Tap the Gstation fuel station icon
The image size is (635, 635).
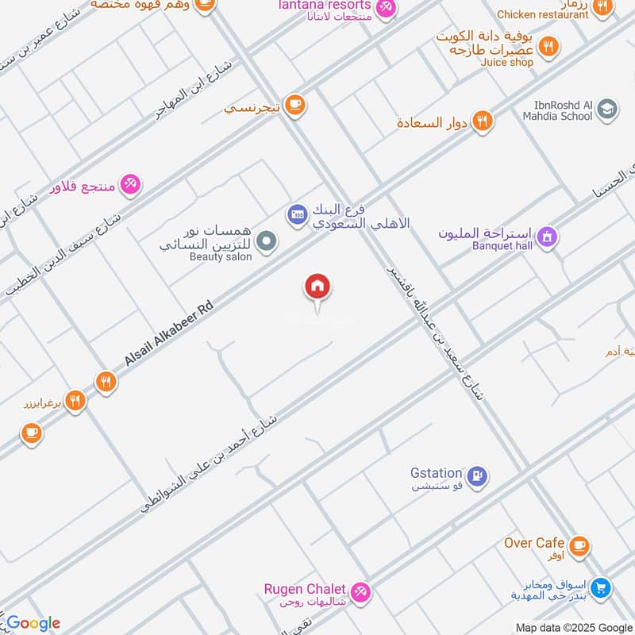click(x=476, y=475)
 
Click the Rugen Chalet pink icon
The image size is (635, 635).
click(x=360, y=591)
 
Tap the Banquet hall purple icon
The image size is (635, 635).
click(x=547, y=237)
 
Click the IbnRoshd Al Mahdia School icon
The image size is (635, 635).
click(x=608, y=110)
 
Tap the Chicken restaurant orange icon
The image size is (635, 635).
click(x=602, y=8)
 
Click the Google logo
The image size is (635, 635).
click(x=33, y=623)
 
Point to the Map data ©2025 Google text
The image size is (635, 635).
click(x=572, y=626)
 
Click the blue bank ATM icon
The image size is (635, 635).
click(x=297, y=214)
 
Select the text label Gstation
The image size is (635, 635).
click(x=436, y=473)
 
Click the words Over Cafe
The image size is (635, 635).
click(x=534, y=543)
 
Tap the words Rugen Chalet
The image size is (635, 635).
click(x=305, y=589)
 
